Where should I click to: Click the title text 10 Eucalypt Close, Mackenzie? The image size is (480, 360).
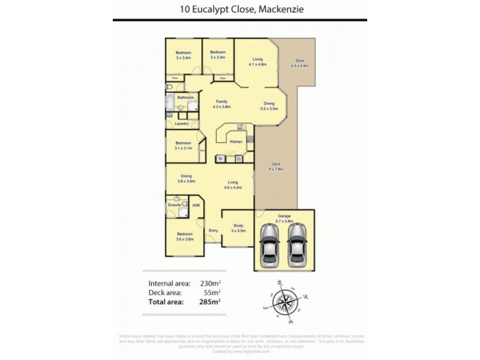pos(239,9)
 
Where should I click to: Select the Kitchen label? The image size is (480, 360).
pos(236,142)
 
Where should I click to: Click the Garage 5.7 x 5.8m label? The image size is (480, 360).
pos(285,218)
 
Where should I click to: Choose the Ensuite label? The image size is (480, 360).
pos(174,205)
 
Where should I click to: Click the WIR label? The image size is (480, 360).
pos(196,205)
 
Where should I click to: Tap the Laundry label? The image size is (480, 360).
pos(181,124)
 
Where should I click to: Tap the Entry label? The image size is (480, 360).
pos(213,230)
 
